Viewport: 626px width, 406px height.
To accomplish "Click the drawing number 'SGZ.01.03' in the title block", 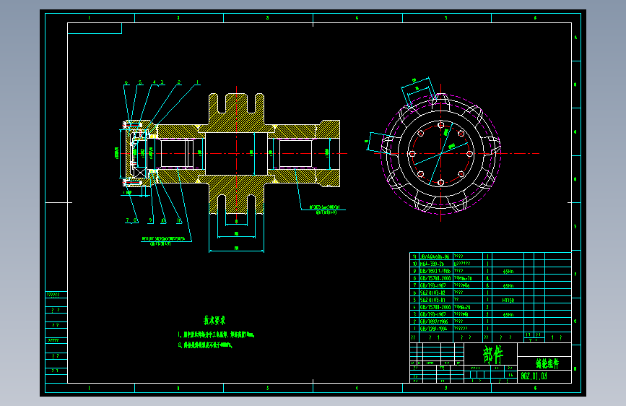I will pos(534,376).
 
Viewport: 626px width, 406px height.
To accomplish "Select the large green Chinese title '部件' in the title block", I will pos(493,355).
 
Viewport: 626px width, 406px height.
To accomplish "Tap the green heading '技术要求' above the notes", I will pos(214,319).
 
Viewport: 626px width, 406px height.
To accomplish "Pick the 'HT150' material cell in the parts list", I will pos(507,299).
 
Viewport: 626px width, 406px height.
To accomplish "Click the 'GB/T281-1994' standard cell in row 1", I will pos(435,329).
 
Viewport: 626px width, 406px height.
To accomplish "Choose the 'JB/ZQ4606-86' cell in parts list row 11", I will pos(435,256).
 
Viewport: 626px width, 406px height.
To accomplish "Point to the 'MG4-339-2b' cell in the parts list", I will pos(433,264).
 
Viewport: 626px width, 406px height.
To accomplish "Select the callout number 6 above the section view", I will pos(126,82).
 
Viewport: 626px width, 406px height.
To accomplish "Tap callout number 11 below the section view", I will pos(178,220).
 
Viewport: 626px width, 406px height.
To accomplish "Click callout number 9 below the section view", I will pos(151,220).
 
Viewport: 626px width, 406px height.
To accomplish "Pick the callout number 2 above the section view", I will pos(178,82).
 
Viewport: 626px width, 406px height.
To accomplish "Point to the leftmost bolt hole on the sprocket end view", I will pos(410,154).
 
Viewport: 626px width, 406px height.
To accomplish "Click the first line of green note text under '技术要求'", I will pos(216,335).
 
